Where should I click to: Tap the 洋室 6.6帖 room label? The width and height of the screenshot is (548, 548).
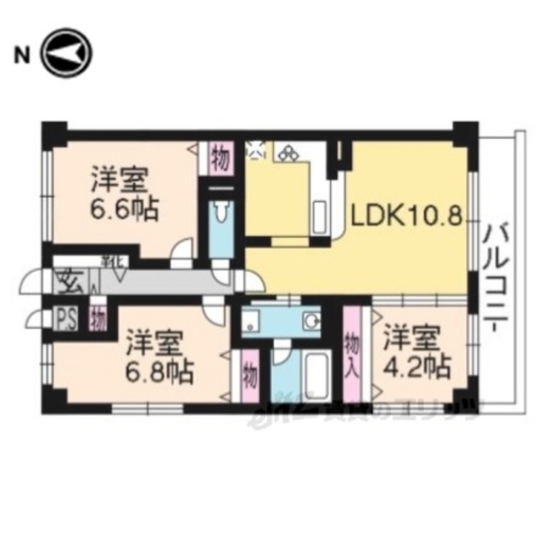point(125,193)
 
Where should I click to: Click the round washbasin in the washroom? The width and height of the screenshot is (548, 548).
point(312,321)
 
